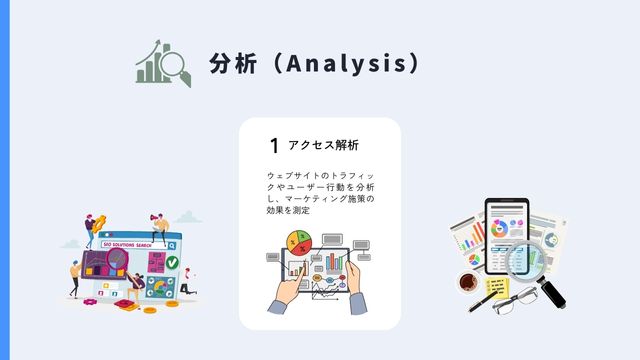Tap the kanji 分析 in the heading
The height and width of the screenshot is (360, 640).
pyautogui.click(x=231, y=63)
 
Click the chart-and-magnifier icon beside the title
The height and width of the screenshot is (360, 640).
pyautogui.click(x=162, y=65)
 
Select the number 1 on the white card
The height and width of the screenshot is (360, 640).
pyautogui.click(x=273, y=146)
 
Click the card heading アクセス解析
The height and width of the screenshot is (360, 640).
pyautogui.click(x=323, y=145)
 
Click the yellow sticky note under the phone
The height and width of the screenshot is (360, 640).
pyautogui.click(x=495, y=289)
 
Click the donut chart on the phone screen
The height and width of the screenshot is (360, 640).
pyautogui.click(x=498, y=225)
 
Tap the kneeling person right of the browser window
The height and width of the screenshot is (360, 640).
pyautogui.click(x=186, y=284)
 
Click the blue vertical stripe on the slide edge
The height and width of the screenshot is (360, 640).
pyautogui.click(x=4, y=180)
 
